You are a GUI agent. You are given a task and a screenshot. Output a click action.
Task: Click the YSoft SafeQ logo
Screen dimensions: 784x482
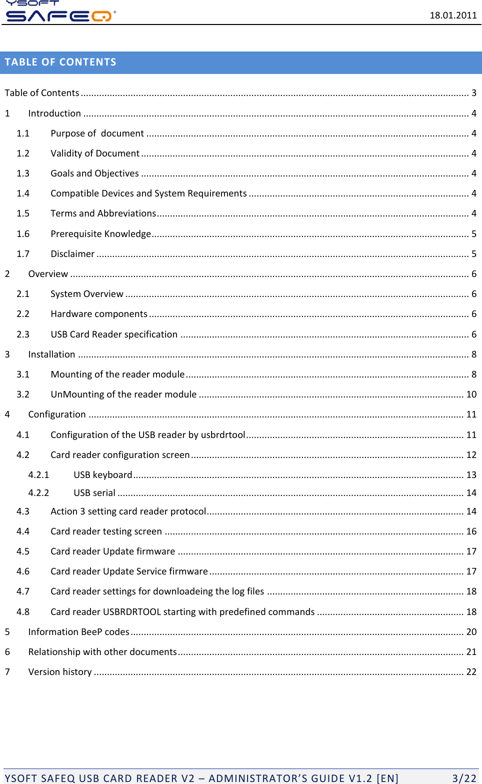[x=60, y=12]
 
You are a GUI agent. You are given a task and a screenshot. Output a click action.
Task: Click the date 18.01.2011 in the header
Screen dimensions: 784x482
[x=453, y=15]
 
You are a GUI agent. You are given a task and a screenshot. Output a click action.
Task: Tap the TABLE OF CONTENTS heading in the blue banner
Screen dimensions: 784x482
[x=60, y=62]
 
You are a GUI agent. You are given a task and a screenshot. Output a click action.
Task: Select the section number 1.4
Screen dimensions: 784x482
[x=23, y=193]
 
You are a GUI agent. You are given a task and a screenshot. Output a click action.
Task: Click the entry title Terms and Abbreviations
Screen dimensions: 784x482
[x=103, y=213]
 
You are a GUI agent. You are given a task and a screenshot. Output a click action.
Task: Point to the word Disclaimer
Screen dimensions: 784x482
[x=72, y=254]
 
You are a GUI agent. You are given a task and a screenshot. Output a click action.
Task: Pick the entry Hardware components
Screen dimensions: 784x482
[x=98, y=314]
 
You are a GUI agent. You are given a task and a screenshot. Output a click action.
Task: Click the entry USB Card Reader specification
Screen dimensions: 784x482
[x=114, y=334]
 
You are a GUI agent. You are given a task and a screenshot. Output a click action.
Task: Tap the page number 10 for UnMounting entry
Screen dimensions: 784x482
[x=471, y=394]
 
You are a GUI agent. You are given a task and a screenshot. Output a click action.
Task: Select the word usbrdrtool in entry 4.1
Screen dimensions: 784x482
[x=223, y=435]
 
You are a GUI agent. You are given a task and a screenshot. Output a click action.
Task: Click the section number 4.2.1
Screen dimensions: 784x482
[x=38, y=475]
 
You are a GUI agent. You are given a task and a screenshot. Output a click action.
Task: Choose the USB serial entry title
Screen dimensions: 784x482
[x=94, y=493]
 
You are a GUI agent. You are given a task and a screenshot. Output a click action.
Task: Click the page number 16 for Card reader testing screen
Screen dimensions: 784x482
[x=471, y=531]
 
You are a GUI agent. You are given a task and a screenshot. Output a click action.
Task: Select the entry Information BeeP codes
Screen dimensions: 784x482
[x=78, y=632]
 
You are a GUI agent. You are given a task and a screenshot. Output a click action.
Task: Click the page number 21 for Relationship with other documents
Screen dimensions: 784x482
[x=471, y=652]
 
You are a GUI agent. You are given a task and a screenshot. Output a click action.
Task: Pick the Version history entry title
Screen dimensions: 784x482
[x=60, y=672]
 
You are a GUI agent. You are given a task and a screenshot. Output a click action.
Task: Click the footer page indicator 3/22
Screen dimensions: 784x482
[x=464, y=778]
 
